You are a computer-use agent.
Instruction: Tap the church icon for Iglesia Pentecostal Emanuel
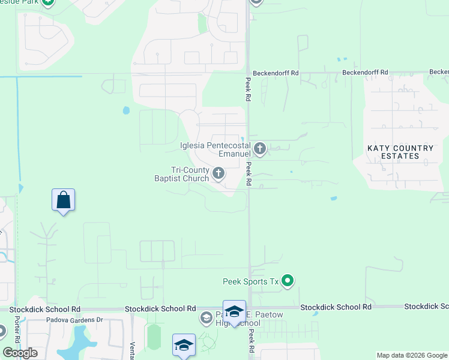(260, 148)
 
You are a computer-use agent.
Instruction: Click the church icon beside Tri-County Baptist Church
(218, 174)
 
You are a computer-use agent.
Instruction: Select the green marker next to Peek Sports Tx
(288, 280)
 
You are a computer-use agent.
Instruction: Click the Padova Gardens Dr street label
(75, 320)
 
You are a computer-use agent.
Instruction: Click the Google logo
(20, 352)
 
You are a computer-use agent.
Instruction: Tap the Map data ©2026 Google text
(412, 355)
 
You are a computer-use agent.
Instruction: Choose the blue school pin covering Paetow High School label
(234, 312)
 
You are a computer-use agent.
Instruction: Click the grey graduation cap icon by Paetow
(206, 317)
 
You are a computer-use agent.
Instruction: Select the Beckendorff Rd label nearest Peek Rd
(276, 73)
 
